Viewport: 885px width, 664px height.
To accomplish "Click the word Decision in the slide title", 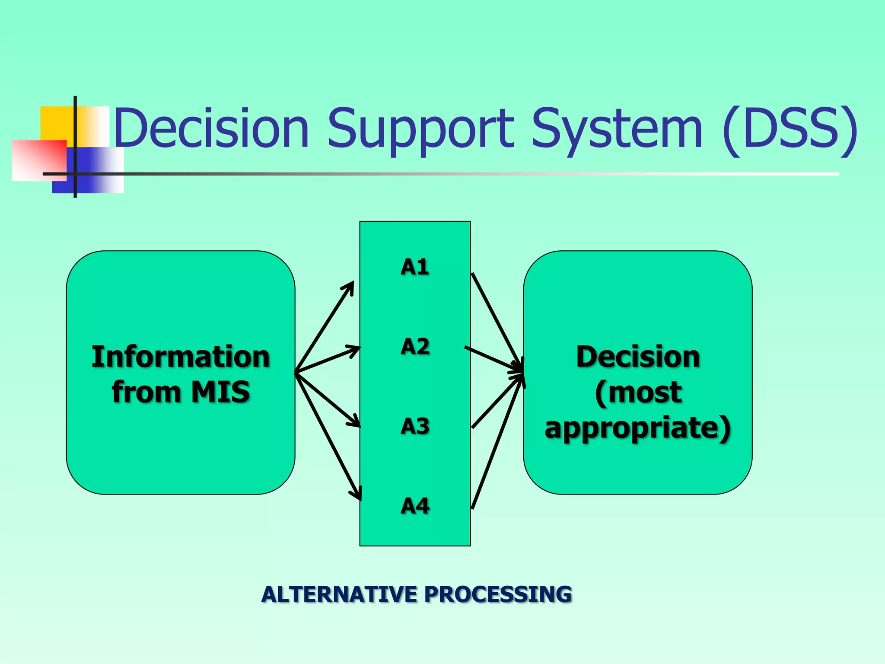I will point(212,128).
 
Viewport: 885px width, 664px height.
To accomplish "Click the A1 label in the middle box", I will point(414,267).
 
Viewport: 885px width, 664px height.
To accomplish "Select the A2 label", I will point(415,347).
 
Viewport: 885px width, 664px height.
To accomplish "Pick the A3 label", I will point(415,427).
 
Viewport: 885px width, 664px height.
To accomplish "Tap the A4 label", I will point(415,506).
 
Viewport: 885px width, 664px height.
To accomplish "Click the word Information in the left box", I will point(181,357).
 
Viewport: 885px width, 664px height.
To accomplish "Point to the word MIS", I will point(220,392).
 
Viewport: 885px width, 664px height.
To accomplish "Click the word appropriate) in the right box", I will point(638,428).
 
